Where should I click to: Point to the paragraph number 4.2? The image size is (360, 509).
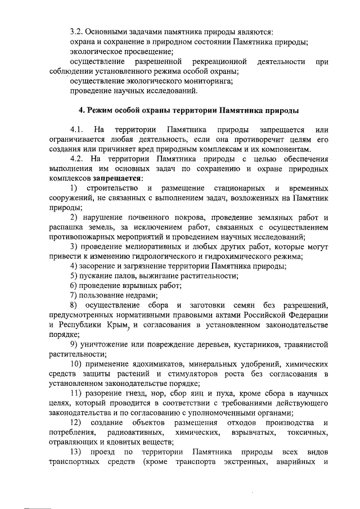pos(77,159)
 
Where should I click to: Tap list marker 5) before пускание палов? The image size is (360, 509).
pos(74,276)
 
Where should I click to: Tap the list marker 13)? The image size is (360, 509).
pos(75,452)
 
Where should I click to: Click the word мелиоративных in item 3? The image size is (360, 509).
pos(150,246)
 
